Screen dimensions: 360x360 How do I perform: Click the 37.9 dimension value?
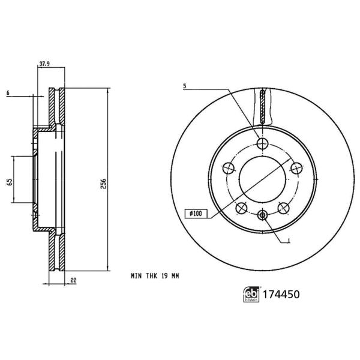44,63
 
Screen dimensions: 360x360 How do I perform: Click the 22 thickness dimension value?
73,280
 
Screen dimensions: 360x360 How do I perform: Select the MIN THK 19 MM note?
155,276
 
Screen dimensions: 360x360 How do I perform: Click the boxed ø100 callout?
195,212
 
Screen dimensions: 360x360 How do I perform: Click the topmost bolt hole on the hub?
262,143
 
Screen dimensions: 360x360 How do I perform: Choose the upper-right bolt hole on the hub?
296,169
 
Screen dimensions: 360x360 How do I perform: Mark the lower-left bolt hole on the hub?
242,208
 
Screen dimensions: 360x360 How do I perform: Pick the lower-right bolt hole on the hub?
283,208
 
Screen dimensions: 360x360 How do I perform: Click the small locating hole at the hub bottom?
262,215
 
